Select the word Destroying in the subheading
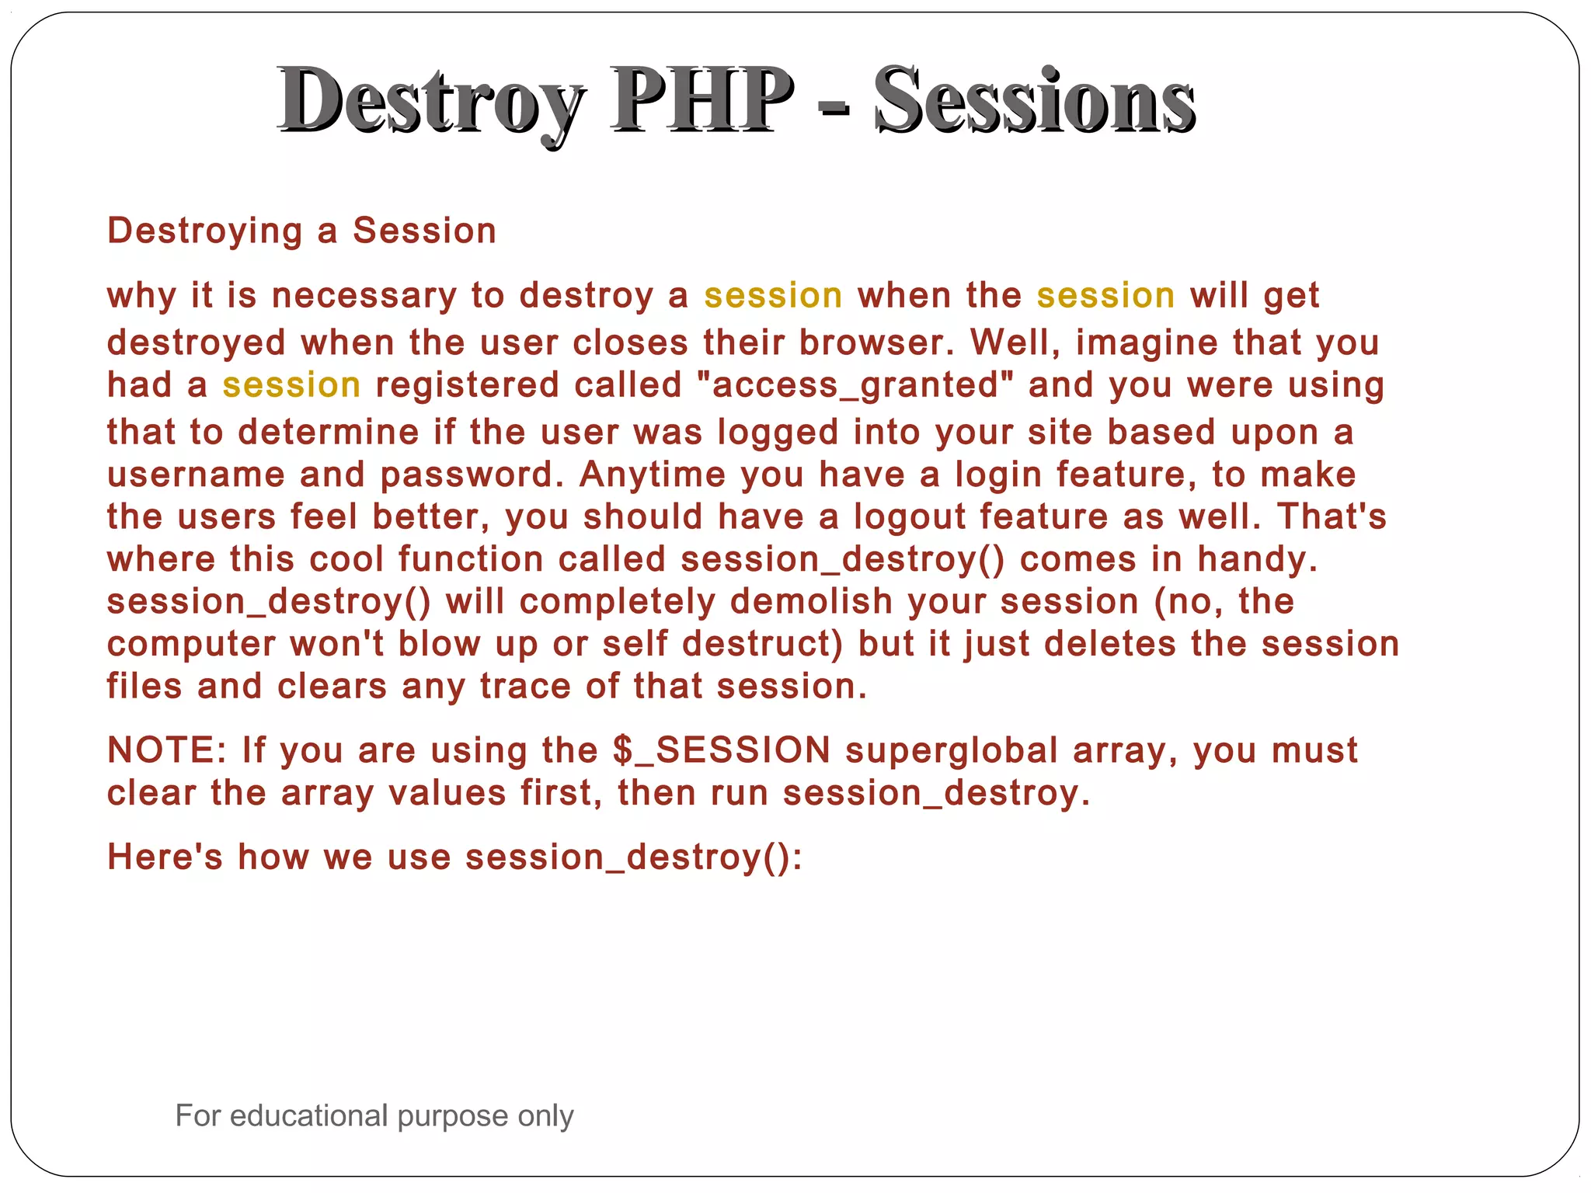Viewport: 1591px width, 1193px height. [204, 231]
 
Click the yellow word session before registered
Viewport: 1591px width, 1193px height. [291, 385]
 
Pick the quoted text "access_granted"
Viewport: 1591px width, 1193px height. [855, 385]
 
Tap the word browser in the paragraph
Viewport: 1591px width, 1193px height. [876, 343]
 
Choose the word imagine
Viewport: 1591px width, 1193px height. [1146, 343]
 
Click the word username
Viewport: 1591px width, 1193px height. [196, 475]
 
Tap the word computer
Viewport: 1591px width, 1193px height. [191, 645]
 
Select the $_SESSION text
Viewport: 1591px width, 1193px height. [722, 751]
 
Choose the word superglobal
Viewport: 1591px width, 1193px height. [952, 751]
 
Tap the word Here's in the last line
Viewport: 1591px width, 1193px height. [165, 857]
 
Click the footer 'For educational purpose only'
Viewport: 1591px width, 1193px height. [374, 1116]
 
